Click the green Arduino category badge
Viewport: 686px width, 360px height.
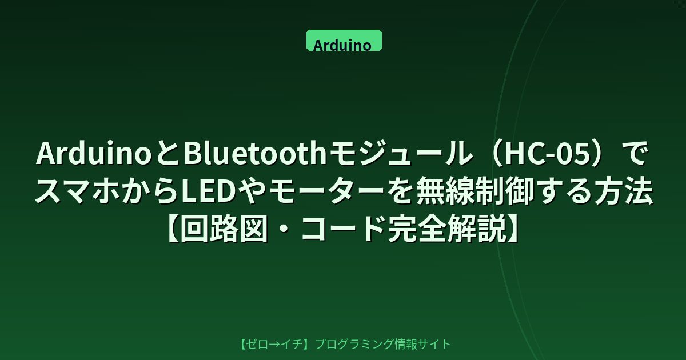(x=344, y=40)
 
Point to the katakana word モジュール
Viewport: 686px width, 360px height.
(x=401, y=154)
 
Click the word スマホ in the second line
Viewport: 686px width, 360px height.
(x=79, y=191)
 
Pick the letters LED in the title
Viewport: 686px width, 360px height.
(x=209, y=191)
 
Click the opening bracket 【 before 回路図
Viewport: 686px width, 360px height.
(x=174, y=229)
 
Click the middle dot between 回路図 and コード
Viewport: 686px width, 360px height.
(x=285, y=230)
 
